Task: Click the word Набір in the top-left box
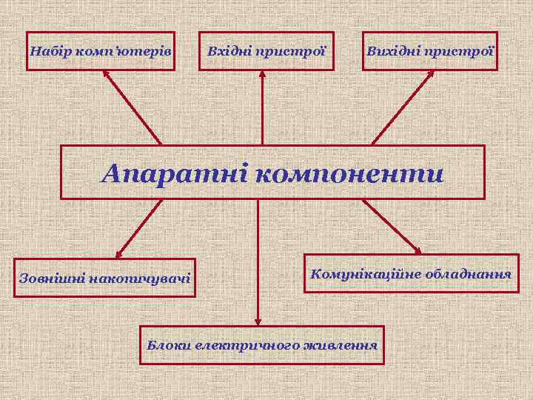(49, 52)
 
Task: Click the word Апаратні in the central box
(175, 174)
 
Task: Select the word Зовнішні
(51, 279)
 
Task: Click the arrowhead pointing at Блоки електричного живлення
(258, 321)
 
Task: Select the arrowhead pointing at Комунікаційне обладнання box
(417, 250)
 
